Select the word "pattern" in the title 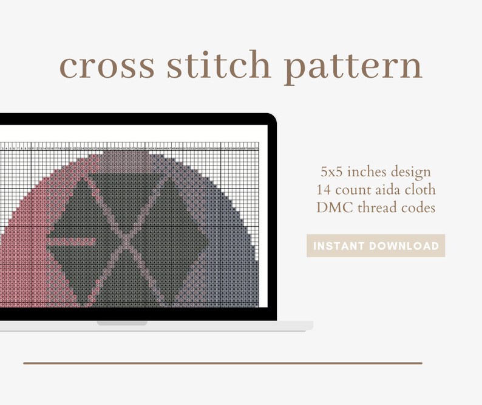[353, 67]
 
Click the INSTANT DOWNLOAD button [375, 246]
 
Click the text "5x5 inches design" [376, 171]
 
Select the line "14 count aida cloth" [376, 190]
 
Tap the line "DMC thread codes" [376, 207]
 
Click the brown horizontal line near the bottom [222, 363]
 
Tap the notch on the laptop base [121, 323]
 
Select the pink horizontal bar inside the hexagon [72, 241]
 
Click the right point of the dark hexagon [209, 241]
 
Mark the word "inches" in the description [364, 171]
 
